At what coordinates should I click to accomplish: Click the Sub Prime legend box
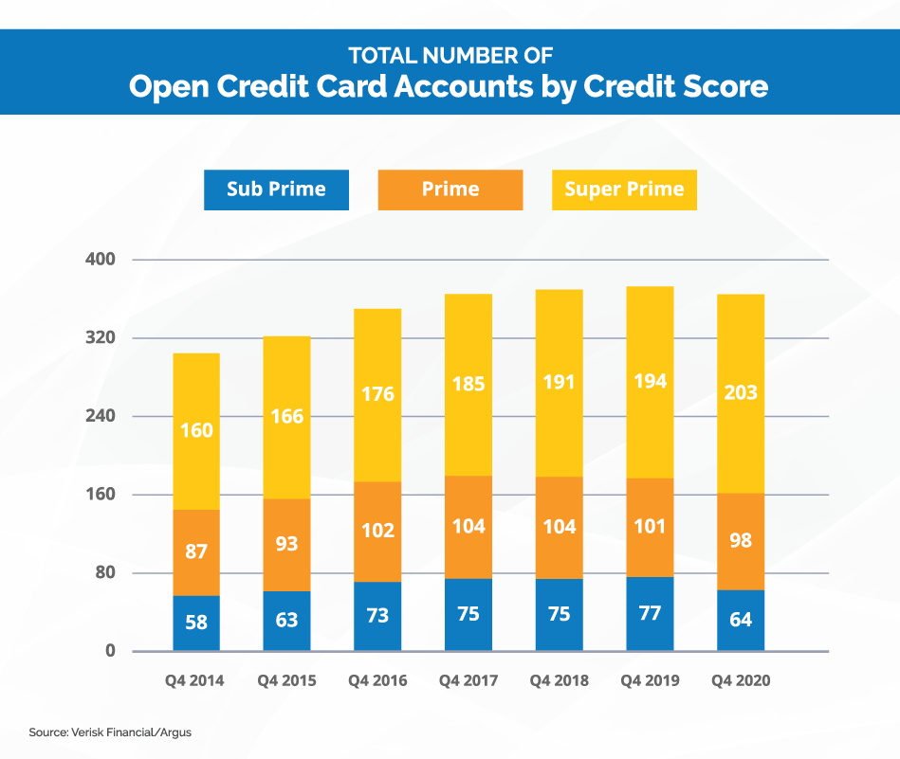point(276,190)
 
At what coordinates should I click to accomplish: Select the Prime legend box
point(450,190)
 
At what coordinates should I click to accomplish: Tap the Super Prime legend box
point(624,190)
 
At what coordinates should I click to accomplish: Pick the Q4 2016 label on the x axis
point(377,681)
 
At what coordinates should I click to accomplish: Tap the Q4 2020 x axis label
point(741,681)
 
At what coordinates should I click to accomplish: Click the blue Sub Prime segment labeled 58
point(196,623)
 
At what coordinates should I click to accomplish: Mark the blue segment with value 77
point(650,613)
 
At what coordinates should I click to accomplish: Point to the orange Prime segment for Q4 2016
point(377,531)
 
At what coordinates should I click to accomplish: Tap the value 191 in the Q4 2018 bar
point(559,384)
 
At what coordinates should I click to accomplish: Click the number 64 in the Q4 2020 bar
point(741,620)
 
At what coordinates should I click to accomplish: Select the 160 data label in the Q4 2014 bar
point(196,431)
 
